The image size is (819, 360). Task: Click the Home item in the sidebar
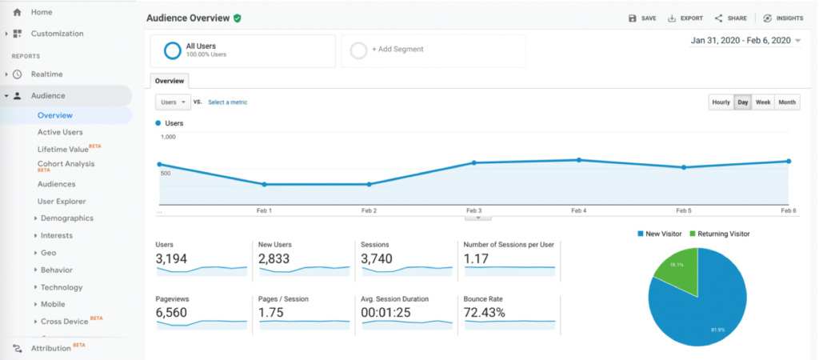pos(41,12)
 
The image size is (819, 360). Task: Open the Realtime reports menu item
pos(46,74)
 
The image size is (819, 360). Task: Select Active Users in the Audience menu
pos(60,132)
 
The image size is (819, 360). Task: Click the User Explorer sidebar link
pos(62,202)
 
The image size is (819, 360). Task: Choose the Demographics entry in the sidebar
pos(67,218)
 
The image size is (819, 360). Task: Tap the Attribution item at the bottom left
pos(51,348)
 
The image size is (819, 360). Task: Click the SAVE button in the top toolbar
pos(642,18)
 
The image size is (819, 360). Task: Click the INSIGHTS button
pos(783,18)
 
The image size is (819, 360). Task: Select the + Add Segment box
pos(433,50)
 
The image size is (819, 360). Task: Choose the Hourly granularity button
pos(721,102)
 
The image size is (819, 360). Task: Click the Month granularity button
pos(787,102)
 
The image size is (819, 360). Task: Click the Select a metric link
pos(228,102)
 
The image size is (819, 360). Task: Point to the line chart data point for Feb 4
pos(579,160)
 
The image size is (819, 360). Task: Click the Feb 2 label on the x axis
pos(369,210)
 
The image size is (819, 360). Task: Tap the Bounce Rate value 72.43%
pos(484,313)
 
